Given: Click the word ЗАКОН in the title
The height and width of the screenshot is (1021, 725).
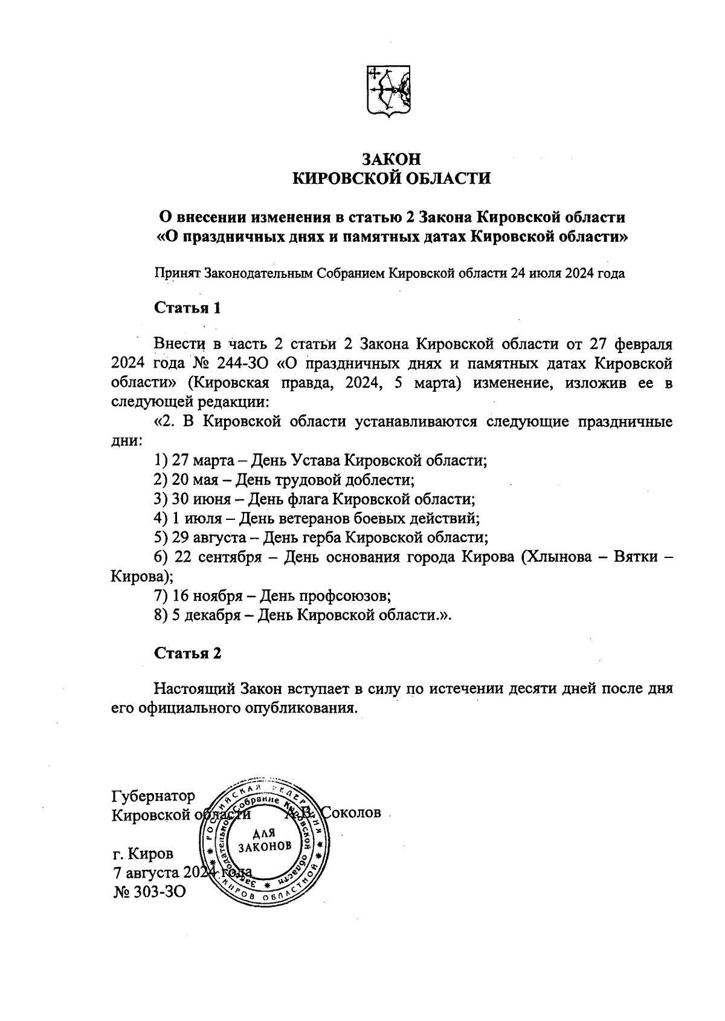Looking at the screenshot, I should point(390,159).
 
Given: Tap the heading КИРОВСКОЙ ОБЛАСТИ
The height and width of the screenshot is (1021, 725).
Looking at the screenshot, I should point(391,178).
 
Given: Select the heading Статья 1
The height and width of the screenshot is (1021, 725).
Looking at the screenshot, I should point(188,308).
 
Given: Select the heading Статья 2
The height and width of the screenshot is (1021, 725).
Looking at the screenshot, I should point(188,653).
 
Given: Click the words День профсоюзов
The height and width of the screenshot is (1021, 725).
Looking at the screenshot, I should point(325,596).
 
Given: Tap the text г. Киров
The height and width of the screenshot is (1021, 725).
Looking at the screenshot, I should point(143,854).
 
